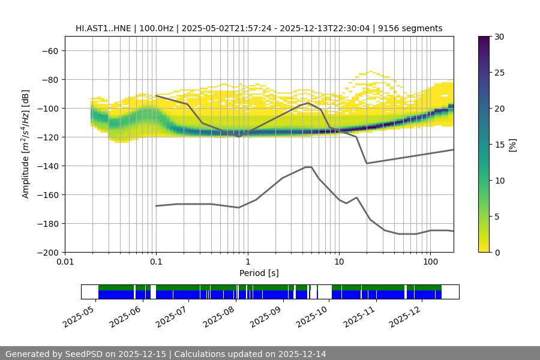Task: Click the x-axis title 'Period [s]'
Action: pyautogui.click(x=259, y=273)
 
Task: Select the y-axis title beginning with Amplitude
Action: pyautogui.click(x=26, y=145)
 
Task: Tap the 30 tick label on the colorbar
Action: pyautogui.click(x=498, y=37)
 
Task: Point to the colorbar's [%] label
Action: pyautogui.click(x=512, y=145)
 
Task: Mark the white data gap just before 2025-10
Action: pyautogui.click(x=324, y=292)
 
